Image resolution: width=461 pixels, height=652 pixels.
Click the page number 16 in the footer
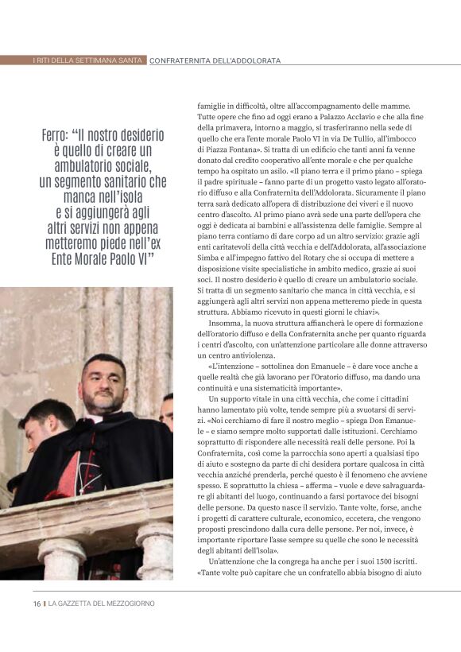coord(37,603)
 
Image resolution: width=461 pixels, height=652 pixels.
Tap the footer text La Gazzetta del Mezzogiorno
coord(102,603)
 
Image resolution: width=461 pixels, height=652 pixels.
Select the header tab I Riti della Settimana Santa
coord(87,60)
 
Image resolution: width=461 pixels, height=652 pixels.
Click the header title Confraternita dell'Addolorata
coord(215,60)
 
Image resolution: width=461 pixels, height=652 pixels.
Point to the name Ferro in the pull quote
coord(60,135)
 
